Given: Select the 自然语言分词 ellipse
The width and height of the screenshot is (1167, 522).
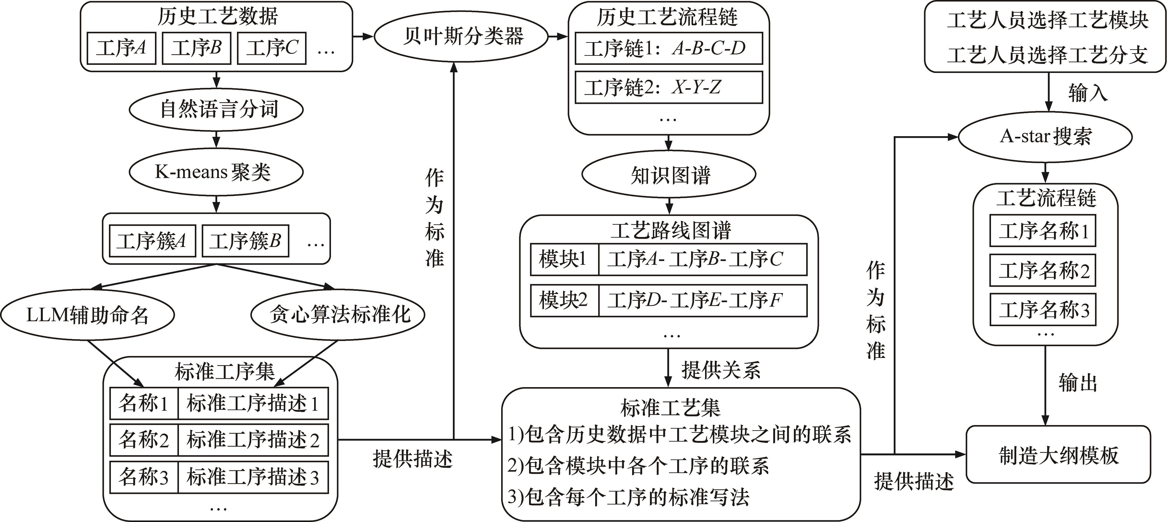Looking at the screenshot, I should pos(216,110).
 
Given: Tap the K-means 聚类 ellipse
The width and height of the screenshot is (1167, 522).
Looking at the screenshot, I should pos(216,172).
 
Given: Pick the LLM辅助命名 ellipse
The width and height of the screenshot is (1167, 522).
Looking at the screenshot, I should pos(88,315).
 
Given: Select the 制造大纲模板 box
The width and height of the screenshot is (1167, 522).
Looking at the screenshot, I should pos(1058,455).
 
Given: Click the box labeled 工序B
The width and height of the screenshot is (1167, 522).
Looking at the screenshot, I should pos(196,48).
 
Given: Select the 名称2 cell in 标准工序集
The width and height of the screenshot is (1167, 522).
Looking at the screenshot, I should pos(144,440).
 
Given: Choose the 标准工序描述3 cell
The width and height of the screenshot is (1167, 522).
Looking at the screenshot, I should pos(253,477).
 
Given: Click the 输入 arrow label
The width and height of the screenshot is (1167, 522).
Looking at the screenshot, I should pos(1087,93).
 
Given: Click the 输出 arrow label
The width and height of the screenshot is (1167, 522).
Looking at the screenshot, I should pos(1077,383).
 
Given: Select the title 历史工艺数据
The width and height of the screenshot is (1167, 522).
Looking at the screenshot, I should pos(218,17).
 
